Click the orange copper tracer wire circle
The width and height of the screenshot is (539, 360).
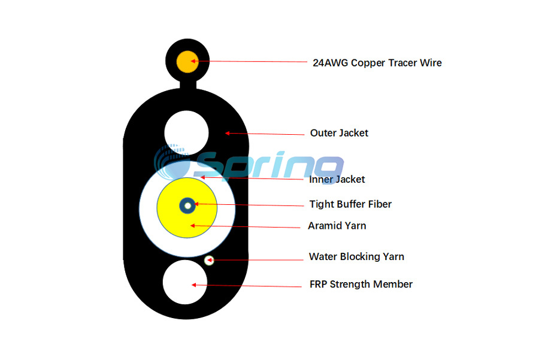[187, 62]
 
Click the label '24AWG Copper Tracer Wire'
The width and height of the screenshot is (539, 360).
[377, 63]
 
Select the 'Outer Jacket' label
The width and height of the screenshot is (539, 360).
[339, 133]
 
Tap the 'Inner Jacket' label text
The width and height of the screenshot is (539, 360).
[337, 179]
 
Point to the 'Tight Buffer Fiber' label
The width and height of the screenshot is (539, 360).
[350, 204]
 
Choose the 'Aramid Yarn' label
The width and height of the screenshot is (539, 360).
[337, 226]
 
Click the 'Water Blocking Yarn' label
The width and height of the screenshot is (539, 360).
[356, 256]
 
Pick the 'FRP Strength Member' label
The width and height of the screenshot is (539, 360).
[361, 285]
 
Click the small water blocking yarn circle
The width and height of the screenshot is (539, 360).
[209, 261]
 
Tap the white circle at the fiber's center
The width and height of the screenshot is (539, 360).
[187, 206]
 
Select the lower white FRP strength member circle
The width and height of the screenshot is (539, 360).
[185, 282]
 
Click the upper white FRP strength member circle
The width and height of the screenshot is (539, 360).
[186, 133]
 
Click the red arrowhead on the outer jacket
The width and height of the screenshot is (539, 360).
[228, 133]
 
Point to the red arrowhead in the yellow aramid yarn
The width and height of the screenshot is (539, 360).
[193, 226]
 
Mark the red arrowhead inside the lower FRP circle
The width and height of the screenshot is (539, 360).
[194, 285]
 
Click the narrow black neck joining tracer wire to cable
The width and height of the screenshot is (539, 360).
[188, 85]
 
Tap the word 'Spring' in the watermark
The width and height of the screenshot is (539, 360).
[269, 166]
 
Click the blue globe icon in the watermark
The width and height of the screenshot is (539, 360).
[172, 162]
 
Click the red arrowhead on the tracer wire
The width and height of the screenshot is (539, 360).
[193, 61]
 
